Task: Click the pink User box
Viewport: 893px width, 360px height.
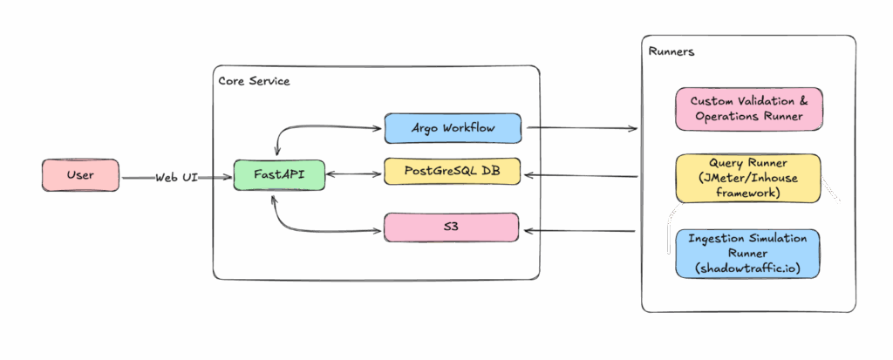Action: pyautogui.click(x=80, y=175)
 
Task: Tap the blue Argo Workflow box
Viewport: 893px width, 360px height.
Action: pyautogui.click(x=452, y=128)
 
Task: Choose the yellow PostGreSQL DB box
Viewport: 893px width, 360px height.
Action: pyautogui.click(x=452, y=171)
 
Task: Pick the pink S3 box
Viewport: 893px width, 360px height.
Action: pyautogui.click(x=452, y=227)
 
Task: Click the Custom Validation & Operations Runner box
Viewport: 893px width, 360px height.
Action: pyautogui.click(x=748, y=109)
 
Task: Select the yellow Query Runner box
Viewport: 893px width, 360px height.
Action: pyautogui.click(x=748, y=178)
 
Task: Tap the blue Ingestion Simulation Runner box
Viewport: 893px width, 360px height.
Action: pyautogui.click(x=748, y=253)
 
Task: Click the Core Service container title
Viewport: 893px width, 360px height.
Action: pyautogui.click(x=254, y=81)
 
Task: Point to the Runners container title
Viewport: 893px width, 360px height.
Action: pyautogui.click(x=671, y=51)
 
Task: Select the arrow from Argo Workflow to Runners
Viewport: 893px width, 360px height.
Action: pyautogui.click(x=580, y=129)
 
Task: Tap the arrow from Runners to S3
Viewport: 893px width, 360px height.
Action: pyautogui.click(x=580, y=231)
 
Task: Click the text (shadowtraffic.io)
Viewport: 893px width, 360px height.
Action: pyautogui.click(x=748, y=268)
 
